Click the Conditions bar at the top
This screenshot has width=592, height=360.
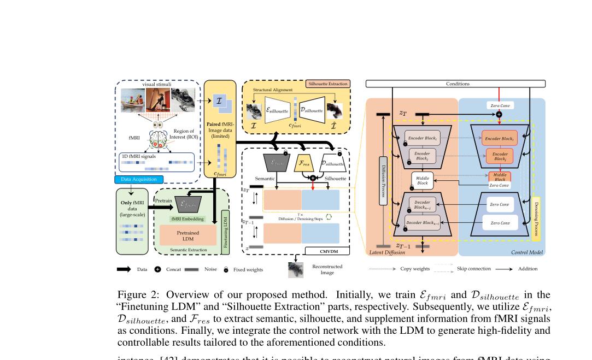tap(455, 84)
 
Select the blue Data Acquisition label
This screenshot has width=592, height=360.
tap(138, 179)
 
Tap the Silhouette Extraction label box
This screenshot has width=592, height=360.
tap(327, 84)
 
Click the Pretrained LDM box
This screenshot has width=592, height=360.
tap(187, 236)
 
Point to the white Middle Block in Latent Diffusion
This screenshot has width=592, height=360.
tap(422, 181)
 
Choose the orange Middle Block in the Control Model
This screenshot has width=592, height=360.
tap(500, 176)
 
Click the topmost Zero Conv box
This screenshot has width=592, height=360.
tap(499, 105)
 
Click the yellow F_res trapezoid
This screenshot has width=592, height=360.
tap(303, 163)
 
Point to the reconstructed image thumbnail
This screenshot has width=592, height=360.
tap(296, 269)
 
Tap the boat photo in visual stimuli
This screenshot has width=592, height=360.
tap(132, 101)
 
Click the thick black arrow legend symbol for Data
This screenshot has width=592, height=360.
tap(124, 269)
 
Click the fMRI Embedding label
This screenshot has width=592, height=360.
tap(187, 219)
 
